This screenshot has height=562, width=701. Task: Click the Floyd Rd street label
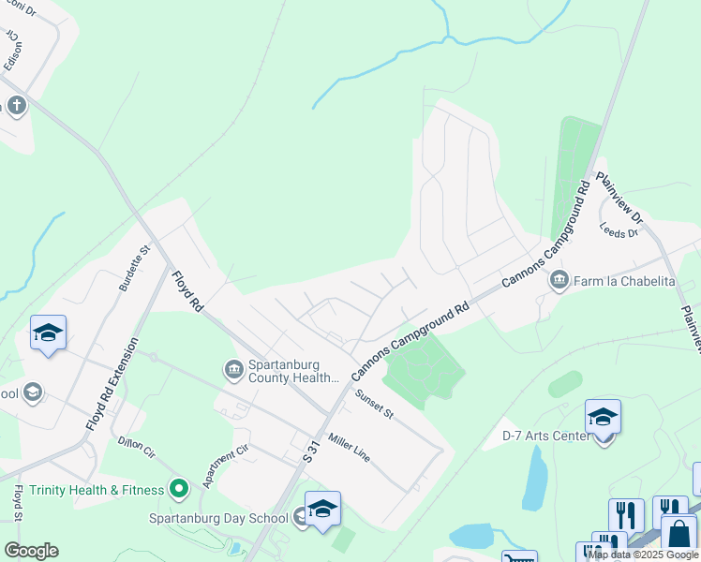click(x=187, y=291)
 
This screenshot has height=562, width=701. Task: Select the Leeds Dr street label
click(x=619, y=229)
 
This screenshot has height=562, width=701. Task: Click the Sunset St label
click(x=374, y=404)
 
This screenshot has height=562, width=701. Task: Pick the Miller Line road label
click(x=349, y=448)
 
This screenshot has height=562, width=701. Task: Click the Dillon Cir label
click(x=137, y=448)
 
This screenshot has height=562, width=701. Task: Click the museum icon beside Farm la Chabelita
click(x=559, y=278)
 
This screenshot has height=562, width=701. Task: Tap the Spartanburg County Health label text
click(x=292, y=371)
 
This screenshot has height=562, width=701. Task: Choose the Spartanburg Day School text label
click(x=218, y=517)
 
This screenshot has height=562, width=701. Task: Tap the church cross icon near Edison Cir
click(x=15, y=105)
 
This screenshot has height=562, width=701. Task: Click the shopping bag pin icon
click(x=679, y=535)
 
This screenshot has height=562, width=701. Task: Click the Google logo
click(x=31, y=551)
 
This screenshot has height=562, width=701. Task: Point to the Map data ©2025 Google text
click(x=643, y=555)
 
